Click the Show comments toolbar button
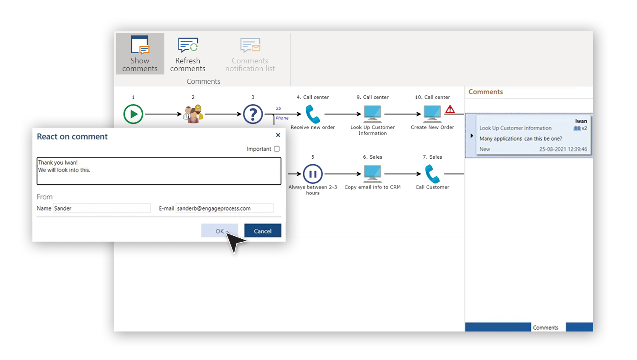140,54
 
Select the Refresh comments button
188,54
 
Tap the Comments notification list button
250,54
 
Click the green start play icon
133,114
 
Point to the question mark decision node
253,114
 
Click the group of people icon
193,114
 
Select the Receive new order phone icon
313,114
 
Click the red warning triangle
450,109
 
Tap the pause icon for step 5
313,174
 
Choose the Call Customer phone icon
432,174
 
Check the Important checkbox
277,149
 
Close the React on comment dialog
278,135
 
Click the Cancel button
263,231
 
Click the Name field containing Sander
101,208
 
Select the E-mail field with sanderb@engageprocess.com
224,208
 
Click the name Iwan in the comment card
581,121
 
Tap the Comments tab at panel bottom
545,327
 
